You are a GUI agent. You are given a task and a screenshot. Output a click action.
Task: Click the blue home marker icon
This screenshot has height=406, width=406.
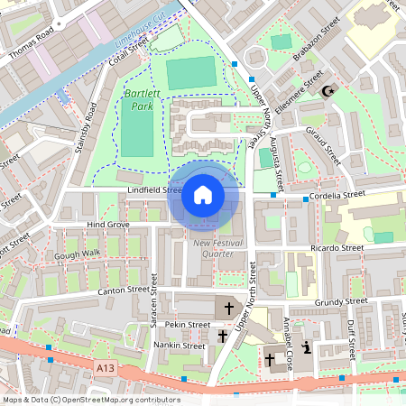[x=203, y=195]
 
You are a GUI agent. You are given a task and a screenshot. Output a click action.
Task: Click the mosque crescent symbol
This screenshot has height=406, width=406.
[x=328, y=90]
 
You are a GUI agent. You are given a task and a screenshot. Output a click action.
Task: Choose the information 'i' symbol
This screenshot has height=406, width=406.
[x=307, y=347]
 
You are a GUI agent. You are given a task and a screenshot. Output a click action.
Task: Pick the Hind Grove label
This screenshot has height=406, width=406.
[x=108, y=224]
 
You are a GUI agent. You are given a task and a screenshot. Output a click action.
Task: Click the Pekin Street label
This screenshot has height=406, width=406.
[x=187, y=324]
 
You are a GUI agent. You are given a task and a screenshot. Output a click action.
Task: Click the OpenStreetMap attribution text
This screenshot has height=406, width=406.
[x=91, y=399]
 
